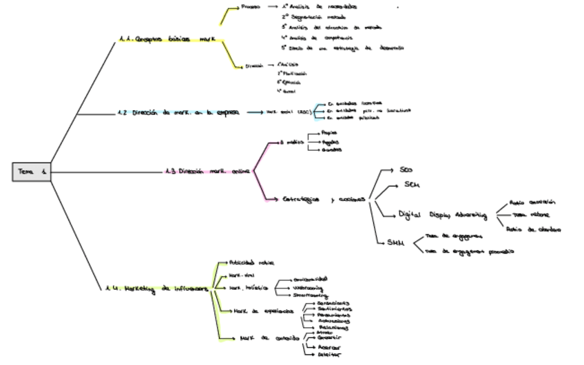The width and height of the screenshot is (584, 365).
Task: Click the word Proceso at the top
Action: click(x=251, y=7)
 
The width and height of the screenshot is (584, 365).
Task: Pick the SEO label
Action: click(x=406, y=169)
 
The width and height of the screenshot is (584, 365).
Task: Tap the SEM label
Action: click(x=411, y=185)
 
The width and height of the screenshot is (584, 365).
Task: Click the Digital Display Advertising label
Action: click(x=443, y=215)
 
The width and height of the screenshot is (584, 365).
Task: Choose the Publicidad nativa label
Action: click(x=251, y=262)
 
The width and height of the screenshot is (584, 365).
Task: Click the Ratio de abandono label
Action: click(x=533, y=229)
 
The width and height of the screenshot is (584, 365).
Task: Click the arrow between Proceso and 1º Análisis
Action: click(x=273, y=7)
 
